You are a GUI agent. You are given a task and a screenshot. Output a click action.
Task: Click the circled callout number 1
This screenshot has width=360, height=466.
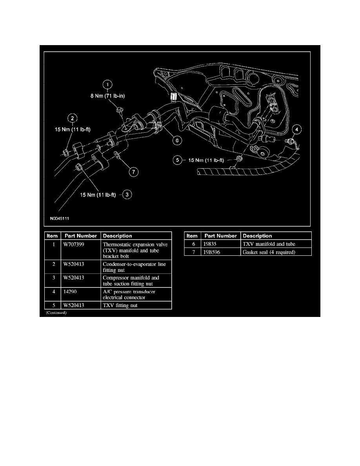click(107, 85)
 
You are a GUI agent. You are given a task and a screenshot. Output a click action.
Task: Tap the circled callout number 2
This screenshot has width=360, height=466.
click(73, 118)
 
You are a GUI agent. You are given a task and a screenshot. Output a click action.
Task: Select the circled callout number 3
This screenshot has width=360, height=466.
click(127, 195)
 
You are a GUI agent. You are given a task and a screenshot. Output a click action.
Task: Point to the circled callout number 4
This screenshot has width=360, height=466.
click(296, 129)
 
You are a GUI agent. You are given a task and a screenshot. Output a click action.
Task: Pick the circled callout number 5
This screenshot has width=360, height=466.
click(177, 160)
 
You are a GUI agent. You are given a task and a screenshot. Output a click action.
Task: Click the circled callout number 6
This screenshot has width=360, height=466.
click(177, 140)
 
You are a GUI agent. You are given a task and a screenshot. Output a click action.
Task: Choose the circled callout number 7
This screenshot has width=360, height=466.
click(133, 171)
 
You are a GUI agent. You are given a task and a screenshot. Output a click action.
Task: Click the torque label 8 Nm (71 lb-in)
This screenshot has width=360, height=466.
click(107, 96)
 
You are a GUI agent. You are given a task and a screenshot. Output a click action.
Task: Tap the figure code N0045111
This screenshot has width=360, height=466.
click(59, 218)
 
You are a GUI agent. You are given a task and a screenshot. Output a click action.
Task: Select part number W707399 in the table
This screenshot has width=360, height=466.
click(74, 245)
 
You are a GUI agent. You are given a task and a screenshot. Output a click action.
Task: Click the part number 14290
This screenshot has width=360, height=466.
click(70, 291)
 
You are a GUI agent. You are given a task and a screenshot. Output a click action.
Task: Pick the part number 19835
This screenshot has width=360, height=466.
click(210, 244)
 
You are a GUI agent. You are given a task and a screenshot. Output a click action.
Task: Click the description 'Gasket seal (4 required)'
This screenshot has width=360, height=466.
click(269, 252)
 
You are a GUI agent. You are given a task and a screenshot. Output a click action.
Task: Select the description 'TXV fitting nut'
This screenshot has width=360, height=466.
click(120, 305)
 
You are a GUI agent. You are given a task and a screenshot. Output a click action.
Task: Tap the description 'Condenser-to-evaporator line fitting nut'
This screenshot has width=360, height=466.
click(134, 267)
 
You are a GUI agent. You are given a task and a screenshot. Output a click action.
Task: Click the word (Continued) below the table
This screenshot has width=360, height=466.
click(56, 313)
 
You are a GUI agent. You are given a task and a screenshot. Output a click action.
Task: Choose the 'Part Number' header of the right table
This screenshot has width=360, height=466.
click(221, 236)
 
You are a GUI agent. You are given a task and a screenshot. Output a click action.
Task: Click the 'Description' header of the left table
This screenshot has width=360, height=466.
click(117, 236)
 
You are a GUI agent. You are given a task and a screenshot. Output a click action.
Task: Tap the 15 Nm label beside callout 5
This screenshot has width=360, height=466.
click(206, 160)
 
